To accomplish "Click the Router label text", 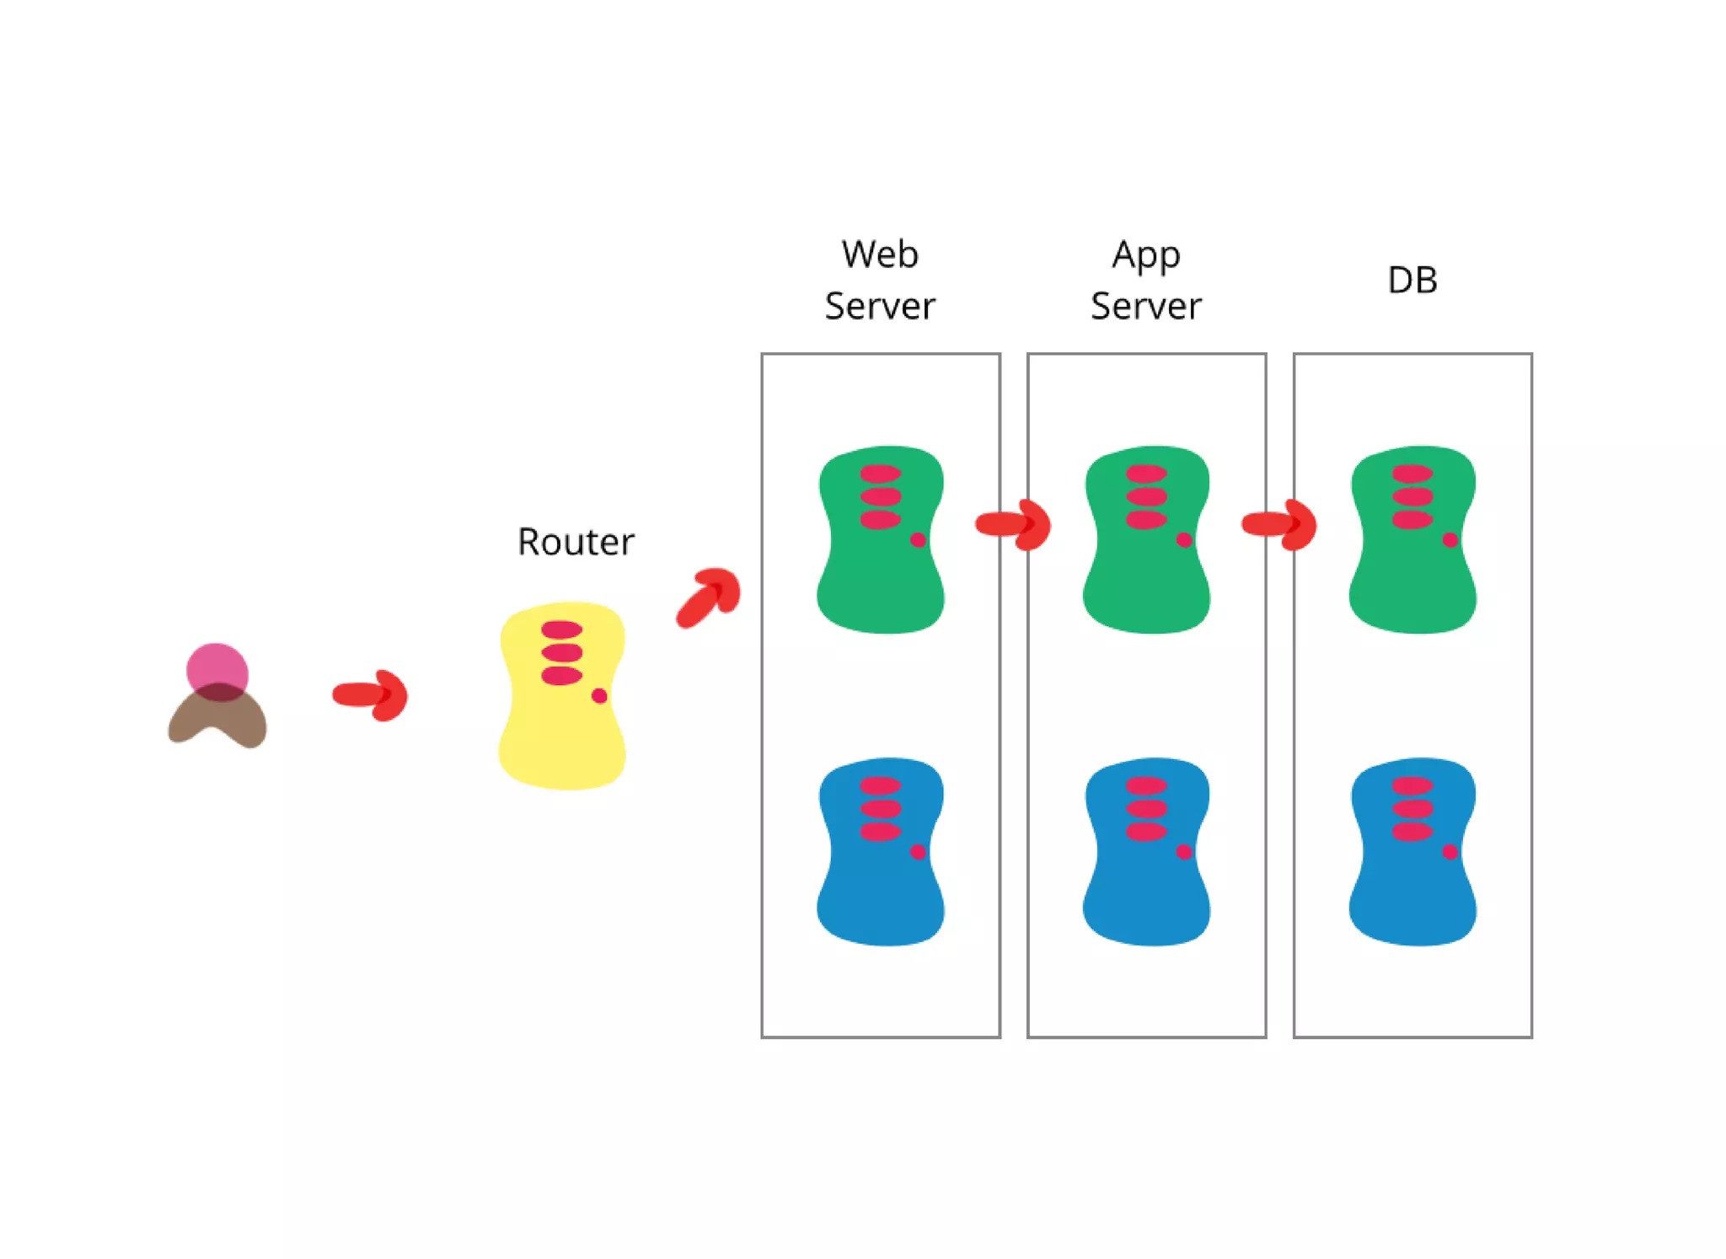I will point(576,542).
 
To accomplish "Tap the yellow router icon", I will point(562,725).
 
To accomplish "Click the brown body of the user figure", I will point(217,721).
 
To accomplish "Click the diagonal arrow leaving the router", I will point(709,596).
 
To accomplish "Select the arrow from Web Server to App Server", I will point(1014,524).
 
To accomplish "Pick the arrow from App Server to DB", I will point(1279,524).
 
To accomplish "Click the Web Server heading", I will point(880,280).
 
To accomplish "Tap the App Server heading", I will point(1146,280).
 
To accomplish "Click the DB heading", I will point(1412,280).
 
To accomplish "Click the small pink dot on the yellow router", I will point(599,695).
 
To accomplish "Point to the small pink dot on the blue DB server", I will point(1450,852).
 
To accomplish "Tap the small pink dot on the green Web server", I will point(919,539).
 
